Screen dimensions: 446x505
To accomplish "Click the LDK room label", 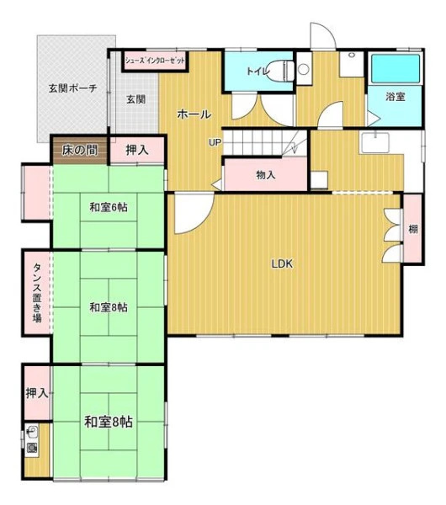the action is point(282,263).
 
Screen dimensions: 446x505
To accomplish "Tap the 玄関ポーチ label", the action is point(73,88).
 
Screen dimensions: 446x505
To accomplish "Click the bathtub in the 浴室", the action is point(396,68).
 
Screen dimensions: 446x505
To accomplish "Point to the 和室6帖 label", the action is point(109,207).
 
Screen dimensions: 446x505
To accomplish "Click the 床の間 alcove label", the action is point(80,150).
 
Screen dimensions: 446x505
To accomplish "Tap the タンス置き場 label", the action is point(38,293).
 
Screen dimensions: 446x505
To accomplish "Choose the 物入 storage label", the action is point(266,175).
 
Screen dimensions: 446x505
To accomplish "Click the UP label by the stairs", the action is point(215,142).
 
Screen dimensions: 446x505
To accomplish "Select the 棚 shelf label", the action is point(413,229).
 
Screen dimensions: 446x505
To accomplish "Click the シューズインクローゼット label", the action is point(155,61).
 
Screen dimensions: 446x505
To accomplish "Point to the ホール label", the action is point(194,114).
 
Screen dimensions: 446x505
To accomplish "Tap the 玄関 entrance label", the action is point(135,99).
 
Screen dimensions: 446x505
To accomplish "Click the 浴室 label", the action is point(396,96).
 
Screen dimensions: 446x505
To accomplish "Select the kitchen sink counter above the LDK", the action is point(375,143).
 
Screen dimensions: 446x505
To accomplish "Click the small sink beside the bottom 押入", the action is point(32,439).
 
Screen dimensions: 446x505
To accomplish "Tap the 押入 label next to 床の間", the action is point(137,150).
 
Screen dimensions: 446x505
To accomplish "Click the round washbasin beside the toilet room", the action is point(303,69).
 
